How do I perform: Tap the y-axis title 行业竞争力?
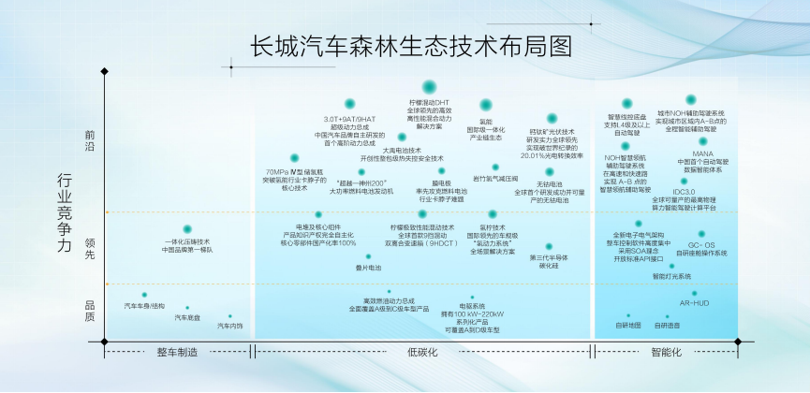65,213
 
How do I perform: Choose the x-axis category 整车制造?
178,353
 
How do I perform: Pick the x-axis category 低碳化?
423,353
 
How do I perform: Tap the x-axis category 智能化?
666,353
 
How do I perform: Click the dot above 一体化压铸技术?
187,229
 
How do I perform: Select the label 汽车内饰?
230,327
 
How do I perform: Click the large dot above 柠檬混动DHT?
429,87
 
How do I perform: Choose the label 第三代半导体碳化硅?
549,262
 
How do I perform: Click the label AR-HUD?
694,304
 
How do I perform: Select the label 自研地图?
628,326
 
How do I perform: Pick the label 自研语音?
668,326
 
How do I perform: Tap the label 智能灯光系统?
671,277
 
